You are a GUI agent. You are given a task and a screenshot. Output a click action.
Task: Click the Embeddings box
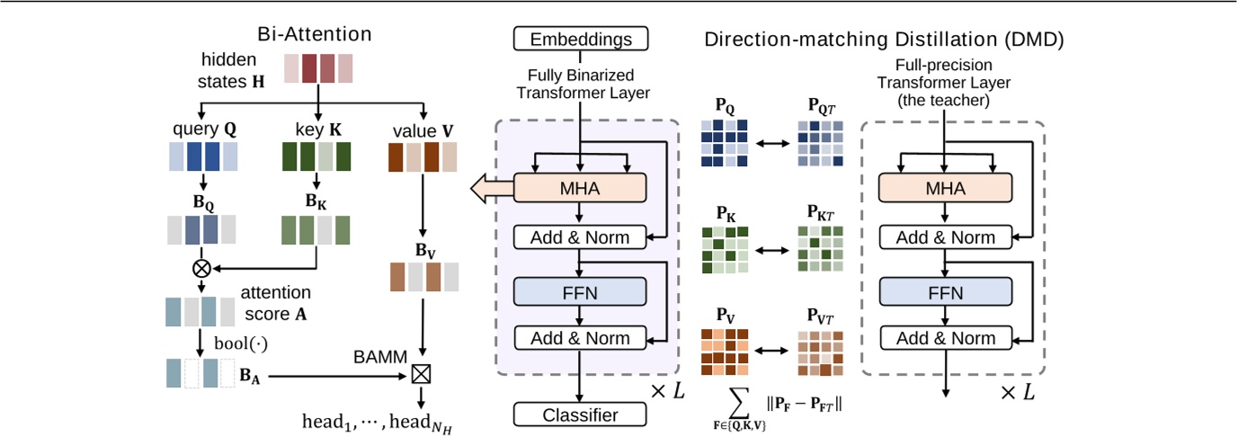click(580, 39)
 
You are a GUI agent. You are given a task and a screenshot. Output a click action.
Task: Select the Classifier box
click(580, 414)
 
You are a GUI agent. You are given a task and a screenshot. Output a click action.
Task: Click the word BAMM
click(373, 356)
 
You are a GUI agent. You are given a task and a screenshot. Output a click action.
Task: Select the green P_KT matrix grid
click(820, 248)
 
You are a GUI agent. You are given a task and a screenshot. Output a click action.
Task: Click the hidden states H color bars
click(318, 69)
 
